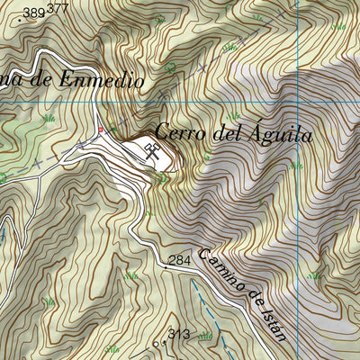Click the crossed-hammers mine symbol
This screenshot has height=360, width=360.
(x=152, y=152)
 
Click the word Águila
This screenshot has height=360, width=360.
(x=278, y=136)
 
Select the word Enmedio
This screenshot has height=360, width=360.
(x=102, y=79)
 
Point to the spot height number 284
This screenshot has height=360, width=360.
(x=181, y=260)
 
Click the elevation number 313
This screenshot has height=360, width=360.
(x=178, y=335)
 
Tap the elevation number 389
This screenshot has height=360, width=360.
(x=35, y=13)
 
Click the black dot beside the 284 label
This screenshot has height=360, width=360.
(x=166, y=266)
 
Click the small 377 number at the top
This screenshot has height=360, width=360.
(x=58, y=8)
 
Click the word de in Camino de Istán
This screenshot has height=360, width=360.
(x=253, y=300)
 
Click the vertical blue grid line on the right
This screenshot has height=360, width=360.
(x=298, y=180)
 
